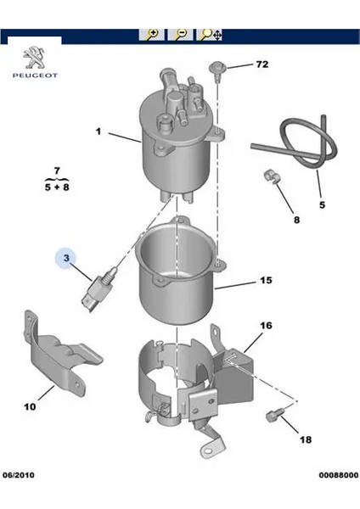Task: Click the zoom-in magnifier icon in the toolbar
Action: [153, 36]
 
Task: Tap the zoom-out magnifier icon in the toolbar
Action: [181, 36]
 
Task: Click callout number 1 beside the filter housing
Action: [98, 131]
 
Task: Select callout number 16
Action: [265, 326]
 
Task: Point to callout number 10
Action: [30, 406]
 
